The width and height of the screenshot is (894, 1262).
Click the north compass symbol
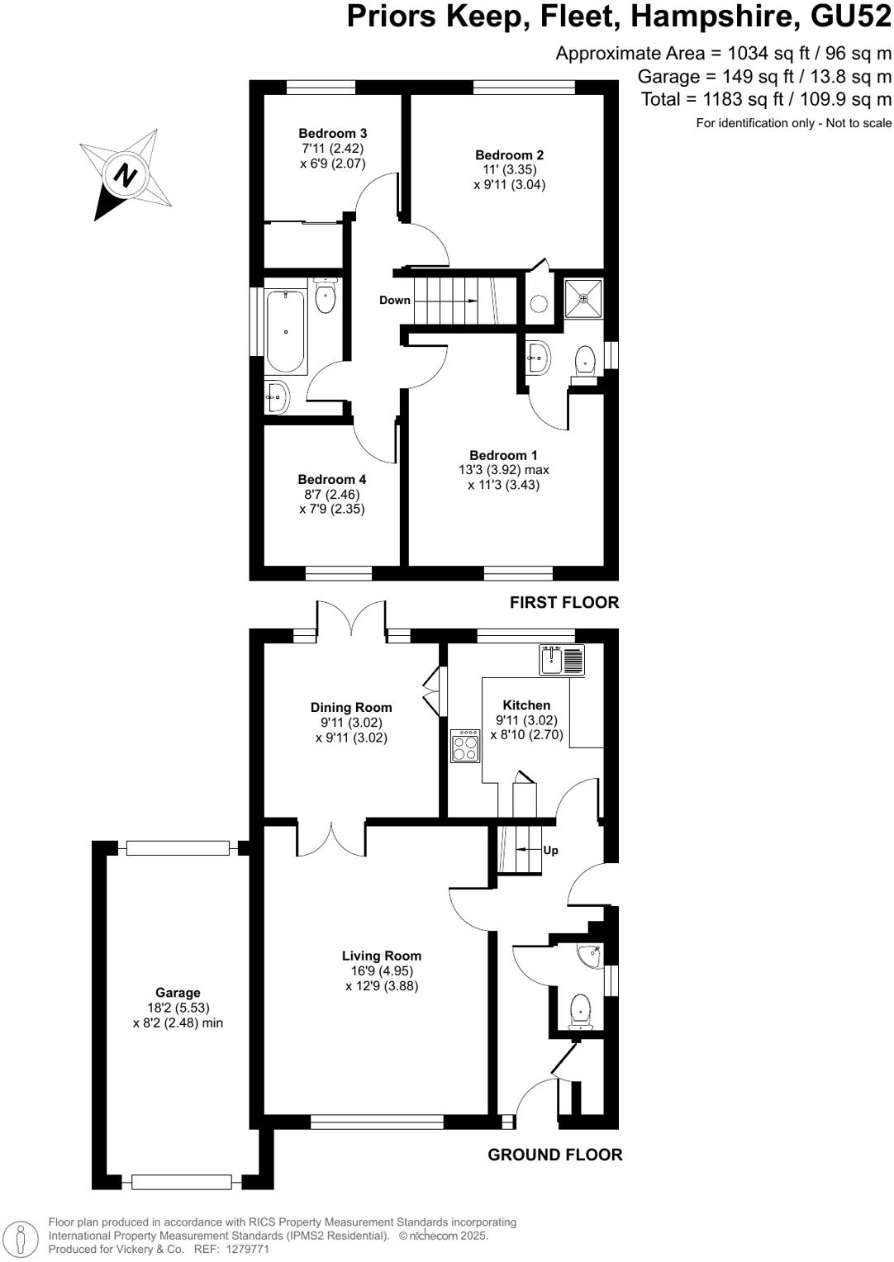point(126,174)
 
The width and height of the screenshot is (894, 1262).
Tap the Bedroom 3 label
point(332,134)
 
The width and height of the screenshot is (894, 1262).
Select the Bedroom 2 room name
point(509,155)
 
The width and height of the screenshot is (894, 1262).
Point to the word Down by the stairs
point(395,300)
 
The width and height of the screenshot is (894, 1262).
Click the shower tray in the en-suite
point(584,297)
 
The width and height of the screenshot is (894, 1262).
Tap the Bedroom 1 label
point(503,455)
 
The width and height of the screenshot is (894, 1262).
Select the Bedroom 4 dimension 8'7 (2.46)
point(331,495)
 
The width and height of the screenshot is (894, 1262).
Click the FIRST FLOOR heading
point(564,603)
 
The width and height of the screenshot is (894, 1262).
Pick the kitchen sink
point(562,660)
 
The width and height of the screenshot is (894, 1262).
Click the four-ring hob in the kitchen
point(465,747)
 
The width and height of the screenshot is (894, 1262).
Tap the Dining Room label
point(351,708)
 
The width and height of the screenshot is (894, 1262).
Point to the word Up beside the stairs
point(550,850)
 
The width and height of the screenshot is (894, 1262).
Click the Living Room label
point(382,956)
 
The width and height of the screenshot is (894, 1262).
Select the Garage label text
point(178,993)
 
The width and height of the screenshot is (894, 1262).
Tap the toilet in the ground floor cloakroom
point(582,1009)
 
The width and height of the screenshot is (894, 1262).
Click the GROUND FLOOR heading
point(554,1155)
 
